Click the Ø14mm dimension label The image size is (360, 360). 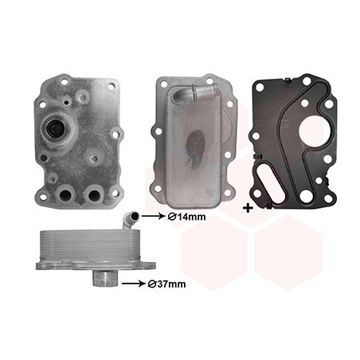coord(186,217)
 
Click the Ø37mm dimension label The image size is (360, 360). coord(166,284)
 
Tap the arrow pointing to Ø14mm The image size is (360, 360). coord(153,217)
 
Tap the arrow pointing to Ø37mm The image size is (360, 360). coord(133,284)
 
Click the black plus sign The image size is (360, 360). coord(248,208)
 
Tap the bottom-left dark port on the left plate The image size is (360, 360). coord(65,196)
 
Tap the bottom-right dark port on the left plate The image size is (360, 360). coord(93,196)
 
